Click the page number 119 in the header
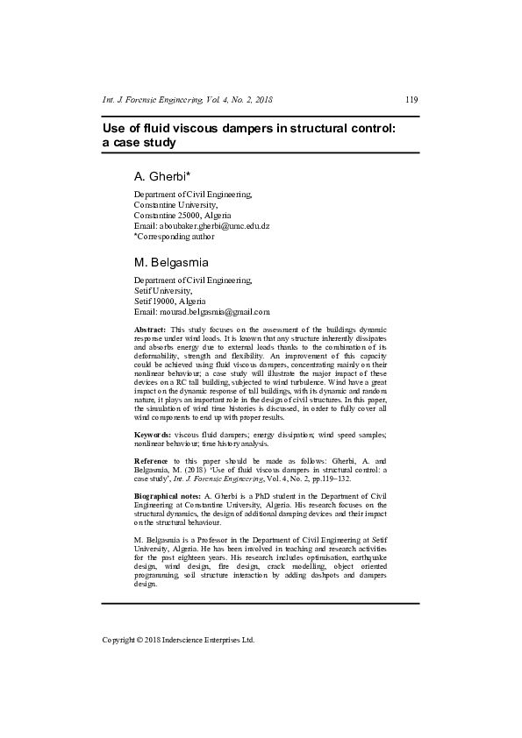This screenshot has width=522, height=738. (x=411, y=100)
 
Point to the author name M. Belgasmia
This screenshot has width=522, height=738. (x=171, y=262)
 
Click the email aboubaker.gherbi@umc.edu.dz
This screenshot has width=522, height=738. (x=201, y=225)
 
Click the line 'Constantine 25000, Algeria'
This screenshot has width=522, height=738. (x=182, y=215)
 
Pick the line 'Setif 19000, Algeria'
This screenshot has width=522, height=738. (x=169, y=301)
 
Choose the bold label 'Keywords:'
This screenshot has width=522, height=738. (x=153, y=435)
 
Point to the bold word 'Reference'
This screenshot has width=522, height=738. (x=152, y=460)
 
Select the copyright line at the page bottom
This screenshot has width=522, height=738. (x=178, y=640)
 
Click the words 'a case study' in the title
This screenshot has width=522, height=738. (x=139, y=142)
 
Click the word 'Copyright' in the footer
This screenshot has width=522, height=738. (x=119, y=640)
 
